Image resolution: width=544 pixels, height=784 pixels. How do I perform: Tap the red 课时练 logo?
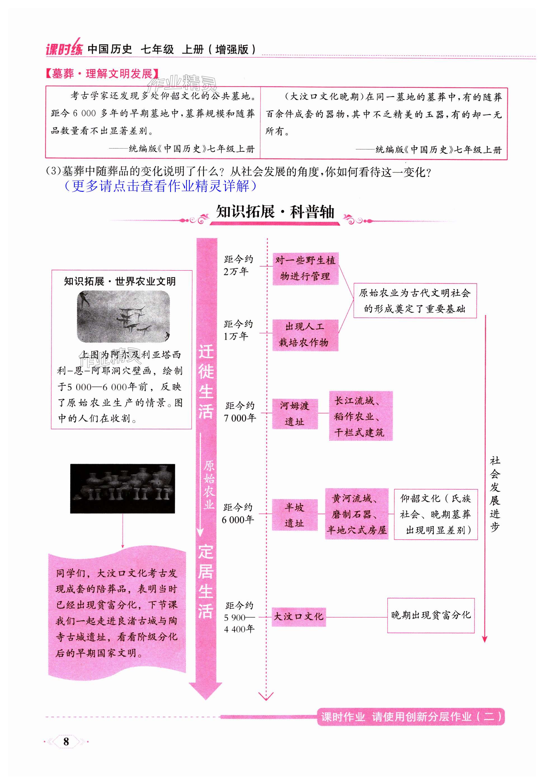pyautogui.click(x=64, y=50)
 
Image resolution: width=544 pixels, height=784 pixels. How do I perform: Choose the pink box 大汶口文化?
pyautogui.click(x=299, y=616)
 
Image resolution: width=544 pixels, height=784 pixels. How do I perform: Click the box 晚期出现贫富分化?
pyautogui.click(x=430, y=615)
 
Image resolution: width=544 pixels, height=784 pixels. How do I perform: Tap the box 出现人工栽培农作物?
pyautogui.click(x=305, y=335)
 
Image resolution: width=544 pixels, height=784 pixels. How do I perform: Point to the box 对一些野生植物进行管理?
pyautogui.click(x=305, y=268)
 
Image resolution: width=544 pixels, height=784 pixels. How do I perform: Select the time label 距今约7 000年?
pyautogui.click(x=240, y=412)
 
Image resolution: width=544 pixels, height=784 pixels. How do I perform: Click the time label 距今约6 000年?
pyautogui.click(x=238, y=514)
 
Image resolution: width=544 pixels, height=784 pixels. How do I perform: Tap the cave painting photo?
pyautogui.click(x=123, y=317)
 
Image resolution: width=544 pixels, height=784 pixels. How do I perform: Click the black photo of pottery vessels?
pyautogui.click(x=122, y=488)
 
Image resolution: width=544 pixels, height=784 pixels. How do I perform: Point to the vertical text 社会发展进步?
pyautogui.click(x=494, y=494)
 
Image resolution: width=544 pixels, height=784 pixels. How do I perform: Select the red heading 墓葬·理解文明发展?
pyautogui.click(x=102, y=74)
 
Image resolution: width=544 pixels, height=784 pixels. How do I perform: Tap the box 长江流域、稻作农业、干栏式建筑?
pyautogui.click(x=361, y=416)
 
